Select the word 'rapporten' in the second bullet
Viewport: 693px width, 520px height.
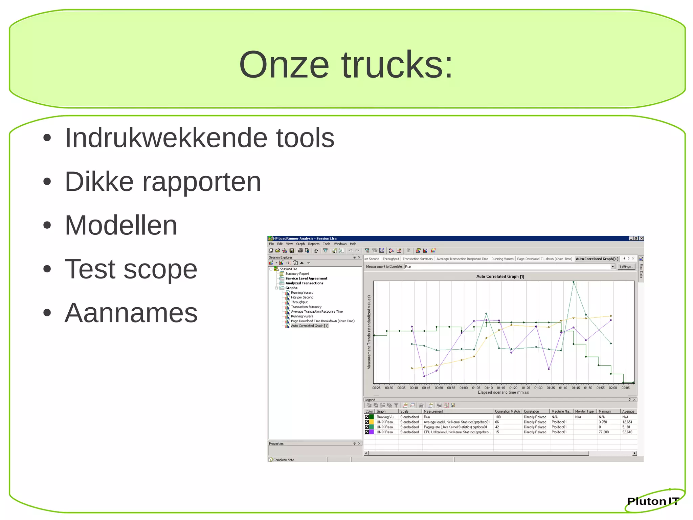[201, 182]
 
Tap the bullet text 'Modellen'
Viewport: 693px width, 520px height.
[121, 225]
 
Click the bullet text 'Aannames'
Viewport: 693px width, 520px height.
[131, 313]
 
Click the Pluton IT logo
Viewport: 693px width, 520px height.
[653, 501]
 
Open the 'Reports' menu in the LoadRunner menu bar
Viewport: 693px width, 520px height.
[313, 244]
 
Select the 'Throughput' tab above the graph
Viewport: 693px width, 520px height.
[391, 259]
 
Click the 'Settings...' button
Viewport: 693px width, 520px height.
[626, 267]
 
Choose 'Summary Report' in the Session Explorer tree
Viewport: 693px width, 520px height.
[297, 274]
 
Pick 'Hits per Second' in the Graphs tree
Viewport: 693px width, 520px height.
[302, 297]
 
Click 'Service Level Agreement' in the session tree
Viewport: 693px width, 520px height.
[306, 278]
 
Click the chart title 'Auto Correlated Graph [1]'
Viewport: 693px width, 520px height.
[500, 276]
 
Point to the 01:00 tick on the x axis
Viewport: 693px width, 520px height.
[464, 388]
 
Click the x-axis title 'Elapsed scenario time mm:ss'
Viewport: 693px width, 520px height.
[503, 393]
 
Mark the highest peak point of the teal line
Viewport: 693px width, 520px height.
[573, 282]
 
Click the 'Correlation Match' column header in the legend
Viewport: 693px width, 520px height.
[507, 411]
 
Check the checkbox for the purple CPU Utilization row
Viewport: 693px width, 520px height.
[367, 432]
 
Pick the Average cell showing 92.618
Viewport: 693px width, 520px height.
[627, 432]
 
